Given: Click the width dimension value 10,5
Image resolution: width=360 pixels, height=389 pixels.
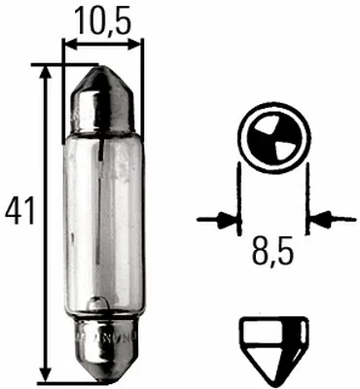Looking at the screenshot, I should (x=98, y=19).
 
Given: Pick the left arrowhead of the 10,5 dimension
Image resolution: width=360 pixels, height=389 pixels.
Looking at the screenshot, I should (x=68, y=43).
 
